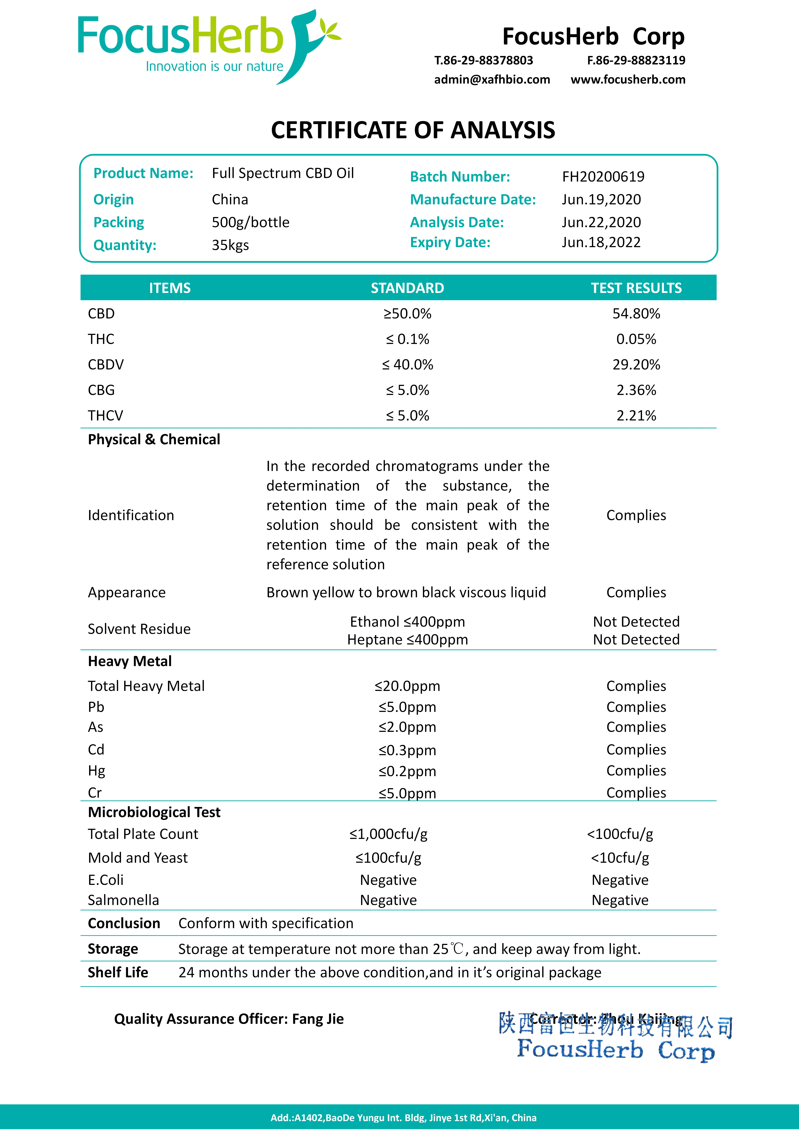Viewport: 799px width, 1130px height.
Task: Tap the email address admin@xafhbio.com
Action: pos(492,80)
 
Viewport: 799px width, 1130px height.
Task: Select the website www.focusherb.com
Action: pos(628,80)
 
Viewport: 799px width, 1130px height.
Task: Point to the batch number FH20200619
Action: pos(603,177)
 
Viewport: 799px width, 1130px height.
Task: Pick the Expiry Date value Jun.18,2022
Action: pos(601,243)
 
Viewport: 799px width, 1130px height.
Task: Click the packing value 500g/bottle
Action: pos(251,222)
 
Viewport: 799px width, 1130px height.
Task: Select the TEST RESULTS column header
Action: pos(636,288)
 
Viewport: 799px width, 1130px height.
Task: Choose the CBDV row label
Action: pos(106,365)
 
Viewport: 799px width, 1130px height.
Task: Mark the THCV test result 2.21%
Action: pos(636,416)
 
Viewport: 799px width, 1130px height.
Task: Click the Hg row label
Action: pos(96,771)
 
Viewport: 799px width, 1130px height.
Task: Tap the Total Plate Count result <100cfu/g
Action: pos(620,834)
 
